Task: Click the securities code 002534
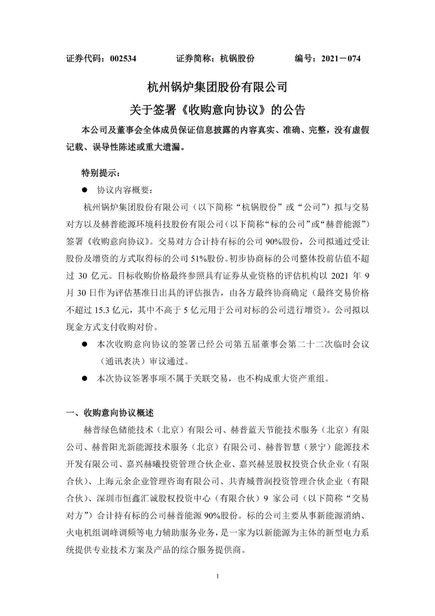click(123, 58)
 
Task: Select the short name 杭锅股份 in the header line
click(237, 58)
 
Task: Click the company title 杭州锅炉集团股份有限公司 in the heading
click(217, 87)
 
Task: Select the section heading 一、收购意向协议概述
click(110, 413)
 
